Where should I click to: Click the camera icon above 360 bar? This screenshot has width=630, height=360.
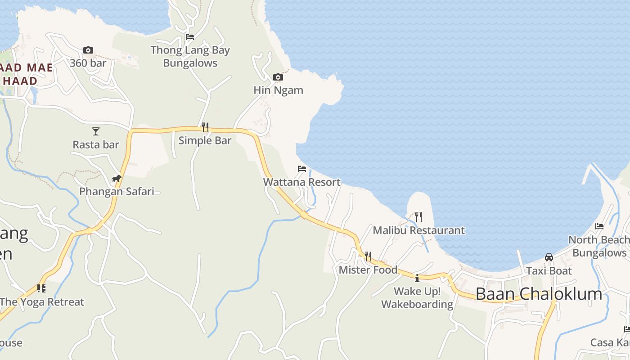point(88,50)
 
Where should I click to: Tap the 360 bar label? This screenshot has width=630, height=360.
point(88,63)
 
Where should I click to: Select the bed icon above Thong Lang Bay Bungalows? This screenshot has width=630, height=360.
point(190,37)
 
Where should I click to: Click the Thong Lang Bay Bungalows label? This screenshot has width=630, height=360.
point(190,57)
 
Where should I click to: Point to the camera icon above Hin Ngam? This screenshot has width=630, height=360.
point(278,77)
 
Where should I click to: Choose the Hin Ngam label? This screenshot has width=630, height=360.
point(278,90)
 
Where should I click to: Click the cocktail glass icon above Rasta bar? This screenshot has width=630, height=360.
point(95,131)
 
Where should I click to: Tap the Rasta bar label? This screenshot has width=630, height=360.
point(96,144)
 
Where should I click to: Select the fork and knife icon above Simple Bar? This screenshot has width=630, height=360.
point(205,127)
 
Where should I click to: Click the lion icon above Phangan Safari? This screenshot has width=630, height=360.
point(117,179)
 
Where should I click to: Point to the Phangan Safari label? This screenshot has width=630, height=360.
point(117,191)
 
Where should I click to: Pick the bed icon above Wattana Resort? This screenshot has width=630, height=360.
point(302,169)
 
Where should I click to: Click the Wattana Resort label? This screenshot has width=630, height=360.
point(302,182)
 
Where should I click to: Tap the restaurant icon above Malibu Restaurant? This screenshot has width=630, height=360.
point(418,217)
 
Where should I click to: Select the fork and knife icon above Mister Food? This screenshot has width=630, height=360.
point(368,256)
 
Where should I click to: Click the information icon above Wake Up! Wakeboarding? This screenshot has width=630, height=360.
point(417,278)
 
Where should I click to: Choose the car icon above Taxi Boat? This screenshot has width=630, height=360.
point(549,257)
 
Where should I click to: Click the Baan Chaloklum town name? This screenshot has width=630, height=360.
point(539,294)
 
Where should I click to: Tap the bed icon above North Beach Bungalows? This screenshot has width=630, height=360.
point(599,226)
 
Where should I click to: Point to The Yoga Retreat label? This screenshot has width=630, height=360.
point(42,301)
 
